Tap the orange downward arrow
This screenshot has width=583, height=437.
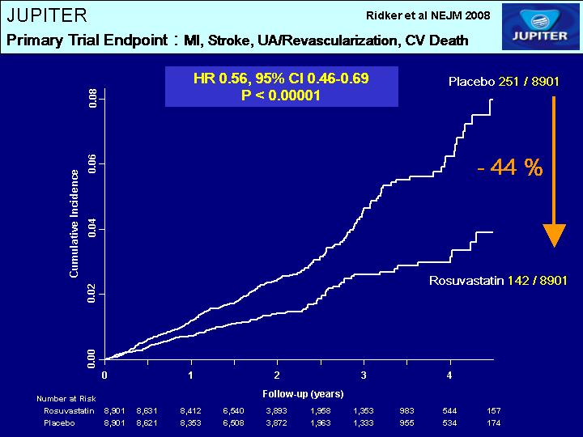[553, 171]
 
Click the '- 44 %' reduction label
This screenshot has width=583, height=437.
[509, 168]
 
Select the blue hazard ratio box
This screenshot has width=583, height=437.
[281, 87]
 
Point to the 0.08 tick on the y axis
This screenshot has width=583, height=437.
[92, 100]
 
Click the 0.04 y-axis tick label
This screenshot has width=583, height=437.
[92, 228]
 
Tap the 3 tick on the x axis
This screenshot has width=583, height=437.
[364, 375]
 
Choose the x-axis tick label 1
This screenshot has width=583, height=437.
[190, 375]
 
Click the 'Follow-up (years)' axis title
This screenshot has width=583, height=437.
[303, 394]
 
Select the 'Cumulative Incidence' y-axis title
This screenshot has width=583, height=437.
[74, 223]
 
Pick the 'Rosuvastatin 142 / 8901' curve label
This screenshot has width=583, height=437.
[497, 280]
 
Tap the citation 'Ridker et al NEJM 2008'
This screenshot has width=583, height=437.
[428, 15]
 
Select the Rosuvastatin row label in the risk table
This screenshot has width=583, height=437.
[70, 411]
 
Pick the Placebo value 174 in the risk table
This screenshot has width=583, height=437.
[493, 423]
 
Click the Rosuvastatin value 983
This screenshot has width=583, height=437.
[406, 411]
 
